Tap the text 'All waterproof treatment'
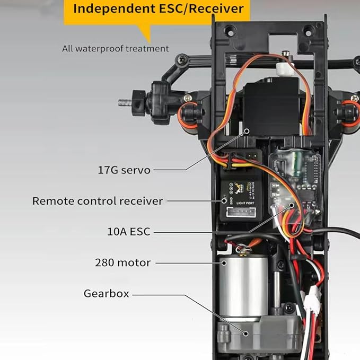click(116, 49)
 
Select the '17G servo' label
click(124, 170)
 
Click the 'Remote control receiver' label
click(98, 201)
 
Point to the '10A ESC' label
click(128, 231)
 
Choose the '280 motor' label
click(123, 262)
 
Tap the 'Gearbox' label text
click(106, 293)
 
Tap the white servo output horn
click(284, 67)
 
